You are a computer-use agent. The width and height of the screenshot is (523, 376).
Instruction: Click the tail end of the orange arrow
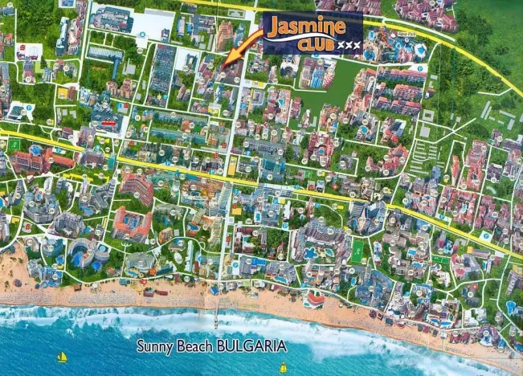coord(263,31)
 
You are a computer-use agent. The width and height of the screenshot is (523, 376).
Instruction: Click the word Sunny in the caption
coord(153,347)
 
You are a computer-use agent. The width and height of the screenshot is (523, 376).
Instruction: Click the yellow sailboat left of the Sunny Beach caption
coord(62,358)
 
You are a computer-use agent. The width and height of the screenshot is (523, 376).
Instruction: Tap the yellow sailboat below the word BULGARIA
coord(283,368)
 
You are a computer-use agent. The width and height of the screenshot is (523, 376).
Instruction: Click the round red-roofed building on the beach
coord(316,300)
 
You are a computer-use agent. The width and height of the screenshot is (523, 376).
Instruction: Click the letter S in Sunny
coord(140,347)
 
